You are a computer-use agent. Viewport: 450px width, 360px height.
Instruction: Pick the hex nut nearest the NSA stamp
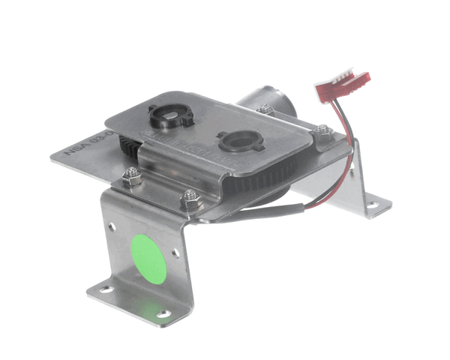[129, 178]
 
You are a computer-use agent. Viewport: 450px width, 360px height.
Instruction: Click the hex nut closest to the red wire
[321, 133]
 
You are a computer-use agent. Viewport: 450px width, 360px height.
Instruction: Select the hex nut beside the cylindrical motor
[264, 109]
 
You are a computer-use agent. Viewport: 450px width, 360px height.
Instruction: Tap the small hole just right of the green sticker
[177, 253]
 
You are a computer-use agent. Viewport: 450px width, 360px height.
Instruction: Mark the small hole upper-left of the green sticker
[112, 225]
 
